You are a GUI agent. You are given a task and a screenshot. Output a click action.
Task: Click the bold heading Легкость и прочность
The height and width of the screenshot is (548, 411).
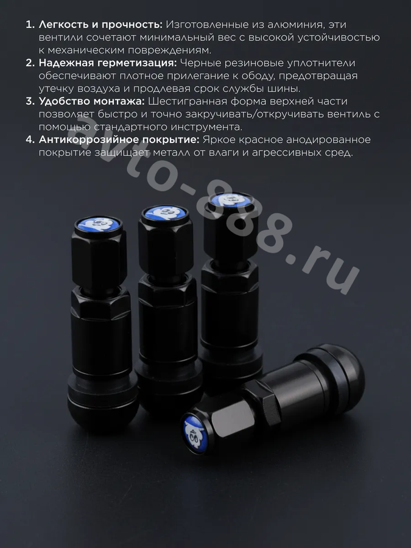100,25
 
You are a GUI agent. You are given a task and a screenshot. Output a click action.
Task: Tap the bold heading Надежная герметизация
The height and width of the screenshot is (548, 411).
108,63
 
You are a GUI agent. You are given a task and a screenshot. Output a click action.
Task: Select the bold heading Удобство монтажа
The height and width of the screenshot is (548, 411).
91,101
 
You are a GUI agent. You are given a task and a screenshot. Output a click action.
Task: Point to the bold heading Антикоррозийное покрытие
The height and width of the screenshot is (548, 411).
119,139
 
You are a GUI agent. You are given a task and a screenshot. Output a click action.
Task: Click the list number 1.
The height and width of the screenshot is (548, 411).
30,25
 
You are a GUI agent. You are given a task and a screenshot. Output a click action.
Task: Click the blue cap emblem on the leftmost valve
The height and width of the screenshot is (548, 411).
99,224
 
